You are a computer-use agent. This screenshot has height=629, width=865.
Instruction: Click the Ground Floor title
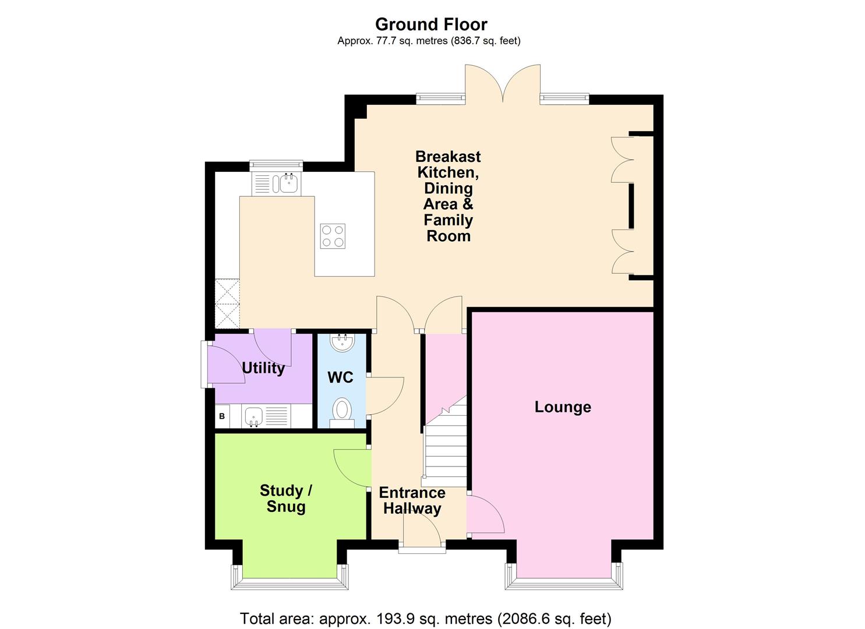[x=431, y=24]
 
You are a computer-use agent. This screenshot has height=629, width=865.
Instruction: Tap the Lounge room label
[x=563, y=407]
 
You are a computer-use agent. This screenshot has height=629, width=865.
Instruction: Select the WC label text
[x=340, y=377]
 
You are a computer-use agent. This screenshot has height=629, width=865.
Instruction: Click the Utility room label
[x=263, y=368]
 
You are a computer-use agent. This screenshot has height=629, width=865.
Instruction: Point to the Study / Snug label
[x=285, y=499]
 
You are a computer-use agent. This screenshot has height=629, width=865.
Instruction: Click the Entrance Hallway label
[x=412, y=500]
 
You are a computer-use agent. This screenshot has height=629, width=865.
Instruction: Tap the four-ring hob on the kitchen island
[x=333, y=236]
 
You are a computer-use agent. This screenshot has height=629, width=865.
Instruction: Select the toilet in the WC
[x=341, y=409]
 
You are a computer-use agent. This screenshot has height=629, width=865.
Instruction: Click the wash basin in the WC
[x=341, y=342]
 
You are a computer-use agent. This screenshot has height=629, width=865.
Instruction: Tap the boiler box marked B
[x=222, y=416]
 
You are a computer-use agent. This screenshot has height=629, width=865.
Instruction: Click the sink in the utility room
[x=253, y=416]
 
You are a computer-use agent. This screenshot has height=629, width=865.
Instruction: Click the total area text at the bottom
[x=426, y=618]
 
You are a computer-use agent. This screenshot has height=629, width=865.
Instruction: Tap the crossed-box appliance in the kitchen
[x=227, y=303]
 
